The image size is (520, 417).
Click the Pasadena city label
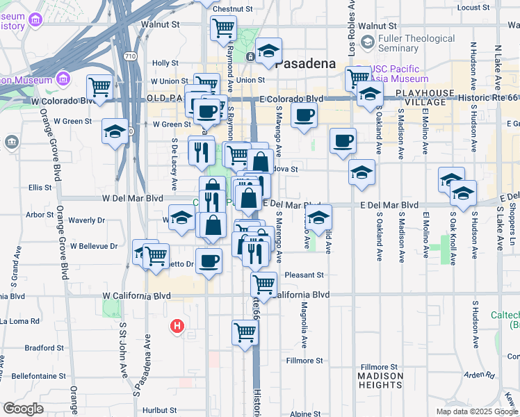306,63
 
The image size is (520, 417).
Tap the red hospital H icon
177,325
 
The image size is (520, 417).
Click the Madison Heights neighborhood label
380,380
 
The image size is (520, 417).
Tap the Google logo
23,409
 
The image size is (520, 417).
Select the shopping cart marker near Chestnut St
223,28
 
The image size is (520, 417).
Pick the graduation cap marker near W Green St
115,131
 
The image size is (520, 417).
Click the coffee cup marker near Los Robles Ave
343,140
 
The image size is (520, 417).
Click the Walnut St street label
160,24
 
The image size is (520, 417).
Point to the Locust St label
474,8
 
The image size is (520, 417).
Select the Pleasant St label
304,275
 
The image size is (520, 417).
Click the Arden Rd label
478,375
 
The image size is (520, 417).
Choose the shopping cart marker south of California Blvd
245,332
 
